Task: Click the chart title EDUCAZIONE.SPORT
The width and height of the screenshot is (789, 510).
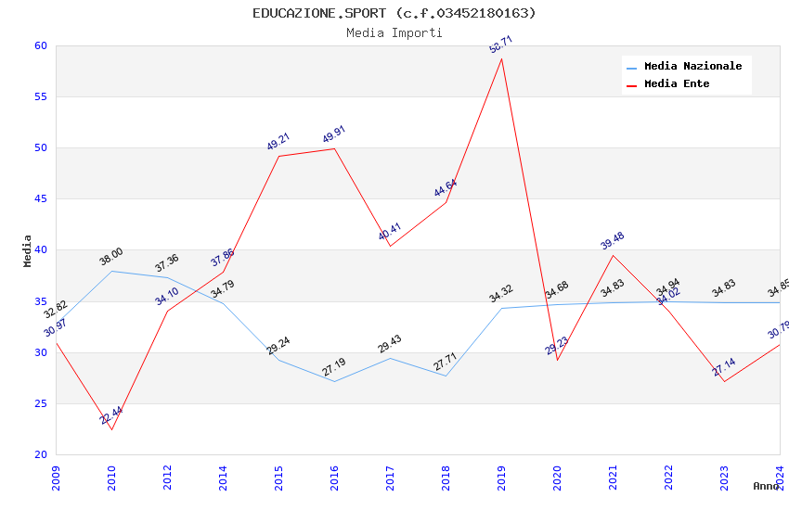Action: pos(394,13)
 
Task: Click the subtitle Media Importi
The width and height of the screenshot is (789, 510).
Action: pos(394,33)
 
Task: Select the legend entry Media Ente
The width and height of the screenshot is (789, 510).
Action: pos(677,83)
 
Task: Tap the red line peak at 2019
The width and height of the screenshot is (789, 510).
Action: pos(501,58)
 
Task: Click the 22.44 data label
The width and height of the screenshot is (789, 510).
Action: pos(111,416)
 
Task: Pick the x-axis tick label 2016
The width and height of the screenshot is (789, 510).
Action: pos(334,477)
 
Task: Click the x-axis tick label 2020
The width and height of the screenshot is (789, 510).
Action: pos(557,477)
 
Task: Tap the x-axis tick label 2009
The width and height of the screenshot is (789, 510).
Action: pos(56,477)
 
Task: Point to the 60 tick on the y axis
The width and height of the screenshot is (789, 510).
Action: pos(40,45)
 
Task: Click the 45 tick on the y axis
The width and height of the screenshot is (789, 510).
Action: pos(40,198)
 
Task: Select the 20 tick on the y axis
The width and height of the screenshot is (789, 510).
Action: pos(40,454)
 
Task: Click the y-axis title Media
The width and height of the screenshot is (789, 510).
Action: pos(28,250)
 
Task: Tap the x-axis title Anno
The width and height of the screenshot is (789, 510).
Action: pos(766,486)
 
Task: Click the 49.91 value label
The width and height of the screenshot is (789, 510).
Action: pos(333,135)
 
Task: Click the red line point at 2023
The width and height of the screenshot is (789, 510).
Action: pos(724,381)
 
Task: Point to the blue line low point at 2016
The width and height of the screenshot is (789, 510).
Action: pos(334,381)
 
